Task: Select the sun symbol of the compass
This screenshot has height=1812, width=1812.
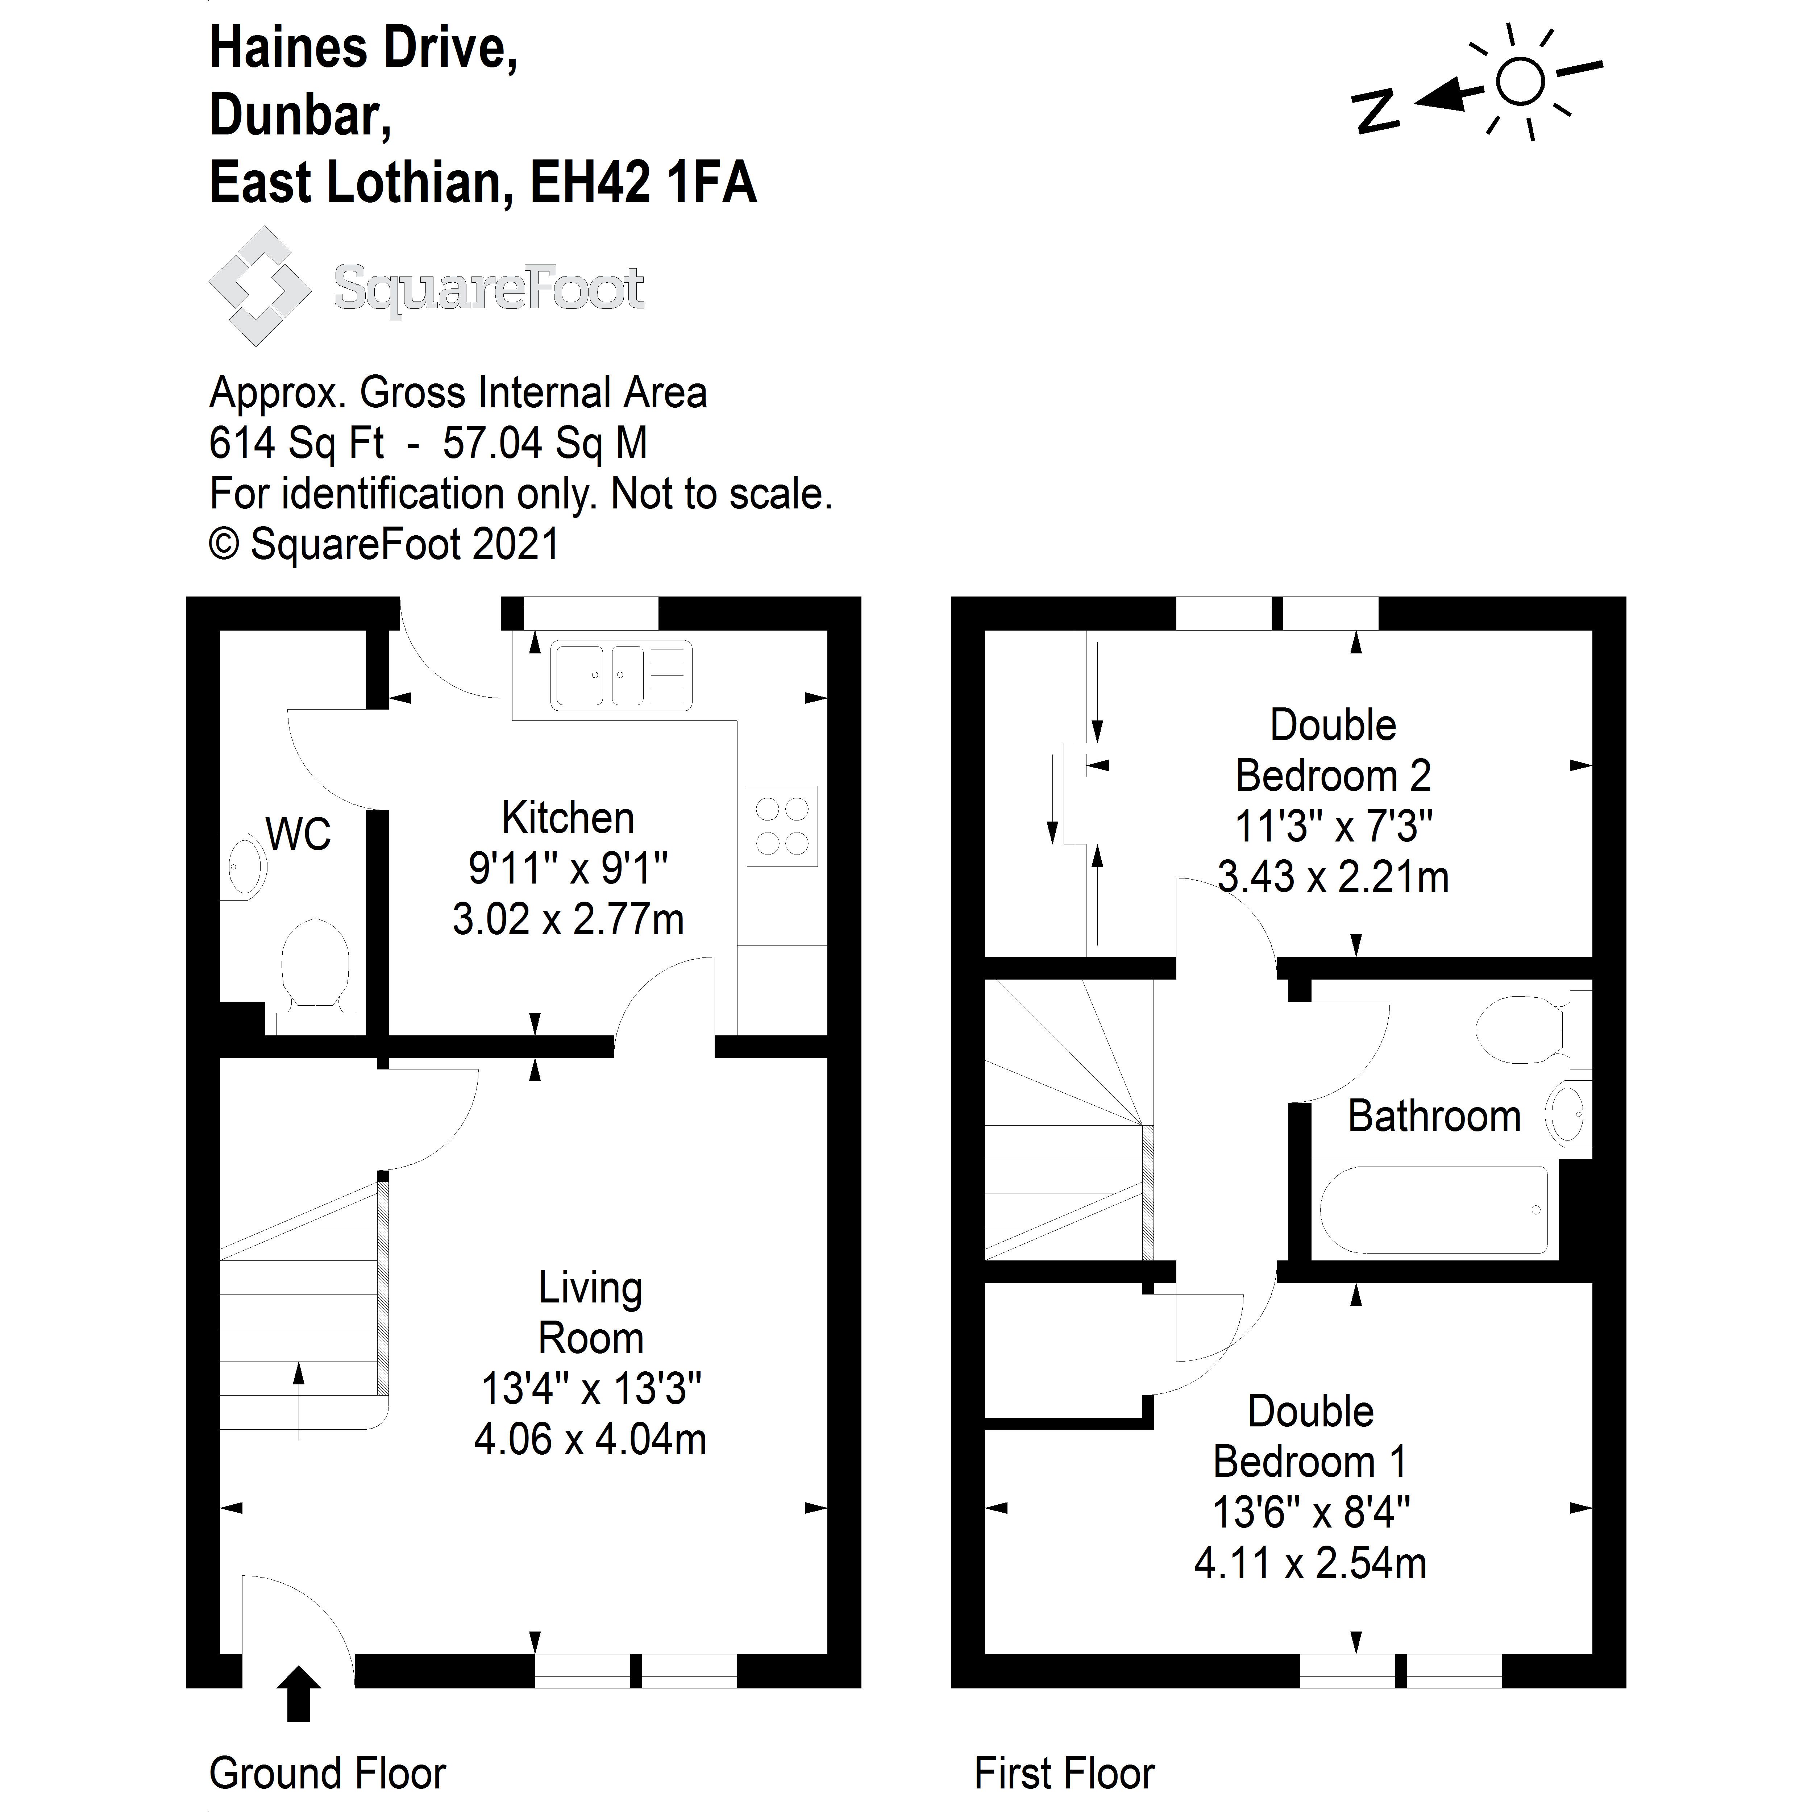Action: point(1520,82)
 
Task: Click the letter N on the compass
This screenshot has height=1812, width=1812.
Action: point(1375,111)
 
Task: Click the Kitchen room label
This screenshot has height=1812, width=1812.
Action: point(568,818)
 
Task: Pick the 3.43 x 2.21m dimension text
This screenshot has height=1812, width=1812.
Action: point(1333,877)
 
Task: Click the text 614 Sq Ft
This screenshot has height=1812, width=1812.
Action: point(296,443)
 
